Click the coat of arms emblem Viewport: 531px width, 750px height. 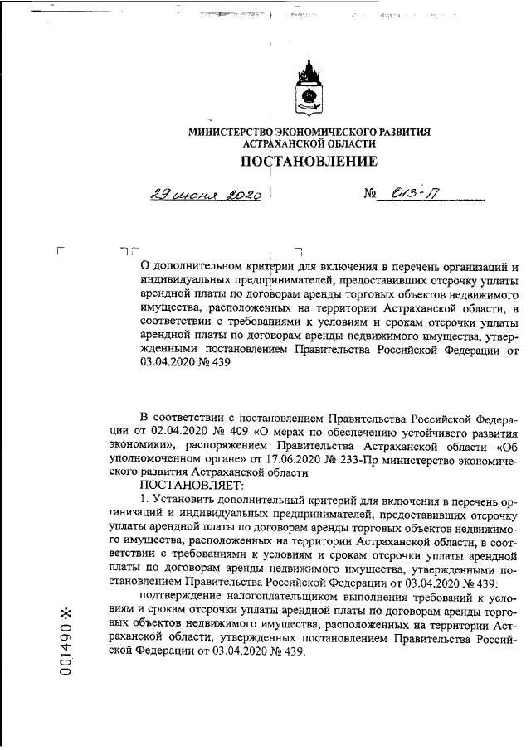(x=310, y=88)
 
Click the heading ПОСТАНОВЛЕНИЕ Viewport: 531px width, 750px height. (x=309, y=160)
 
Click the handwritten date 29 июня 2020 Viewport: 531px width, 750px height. (x=206, y=196)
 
